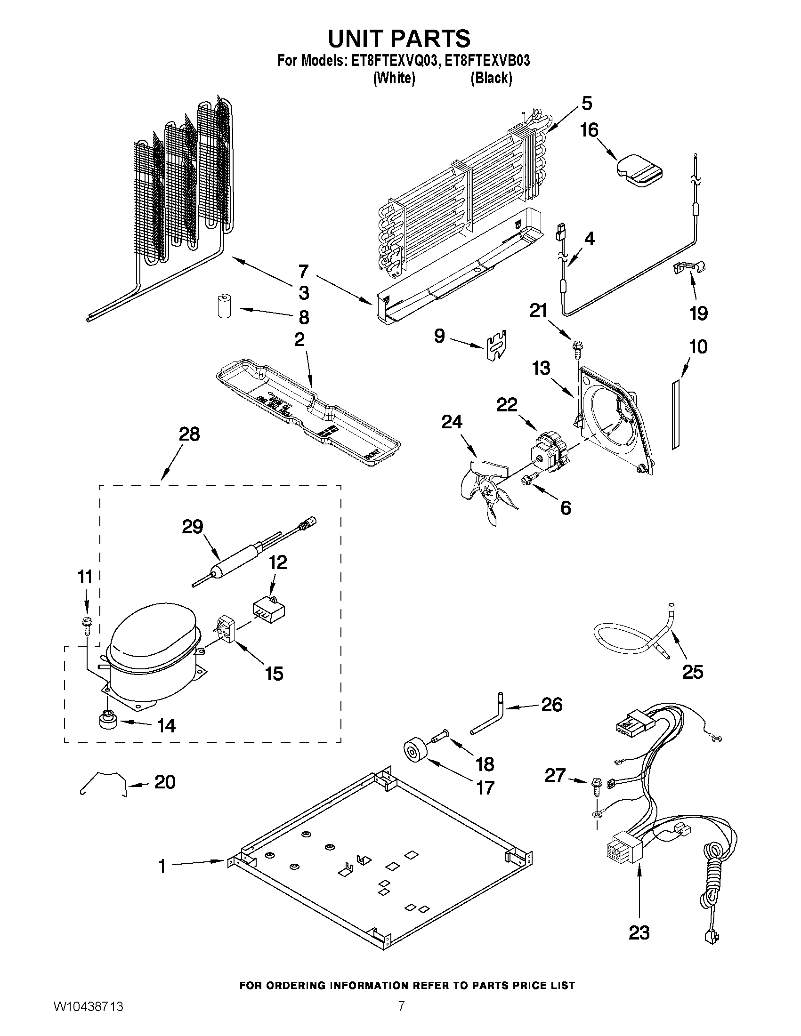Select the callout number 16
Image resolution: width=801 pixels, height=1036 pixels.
pos(590,130)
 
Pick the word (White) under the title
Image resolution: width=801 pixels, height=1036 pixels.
pos(394,78)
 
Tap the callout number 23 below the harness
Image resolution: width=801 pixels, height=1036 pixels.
pos(639,933)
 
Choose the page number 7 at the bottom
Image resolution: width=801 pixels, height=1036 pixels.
pos(401,1016)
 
